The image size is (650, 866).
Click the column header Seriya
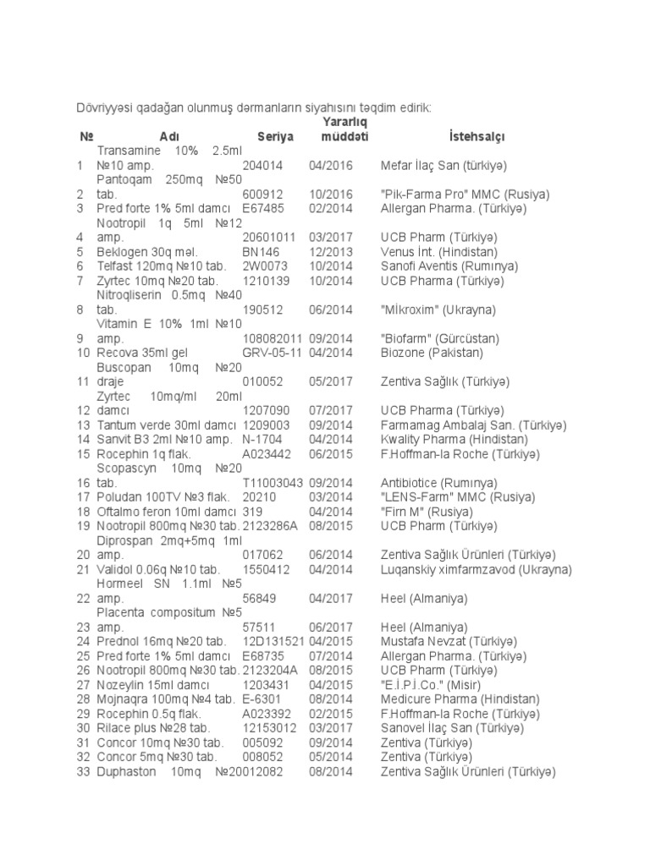coord(273,136)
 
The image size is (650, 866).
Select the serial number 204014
coord(263,165)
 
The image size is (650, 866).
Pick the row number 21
coord(83,570)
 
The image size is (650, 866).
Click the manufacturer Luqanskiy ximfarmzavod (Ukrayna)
coord(476,570)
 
